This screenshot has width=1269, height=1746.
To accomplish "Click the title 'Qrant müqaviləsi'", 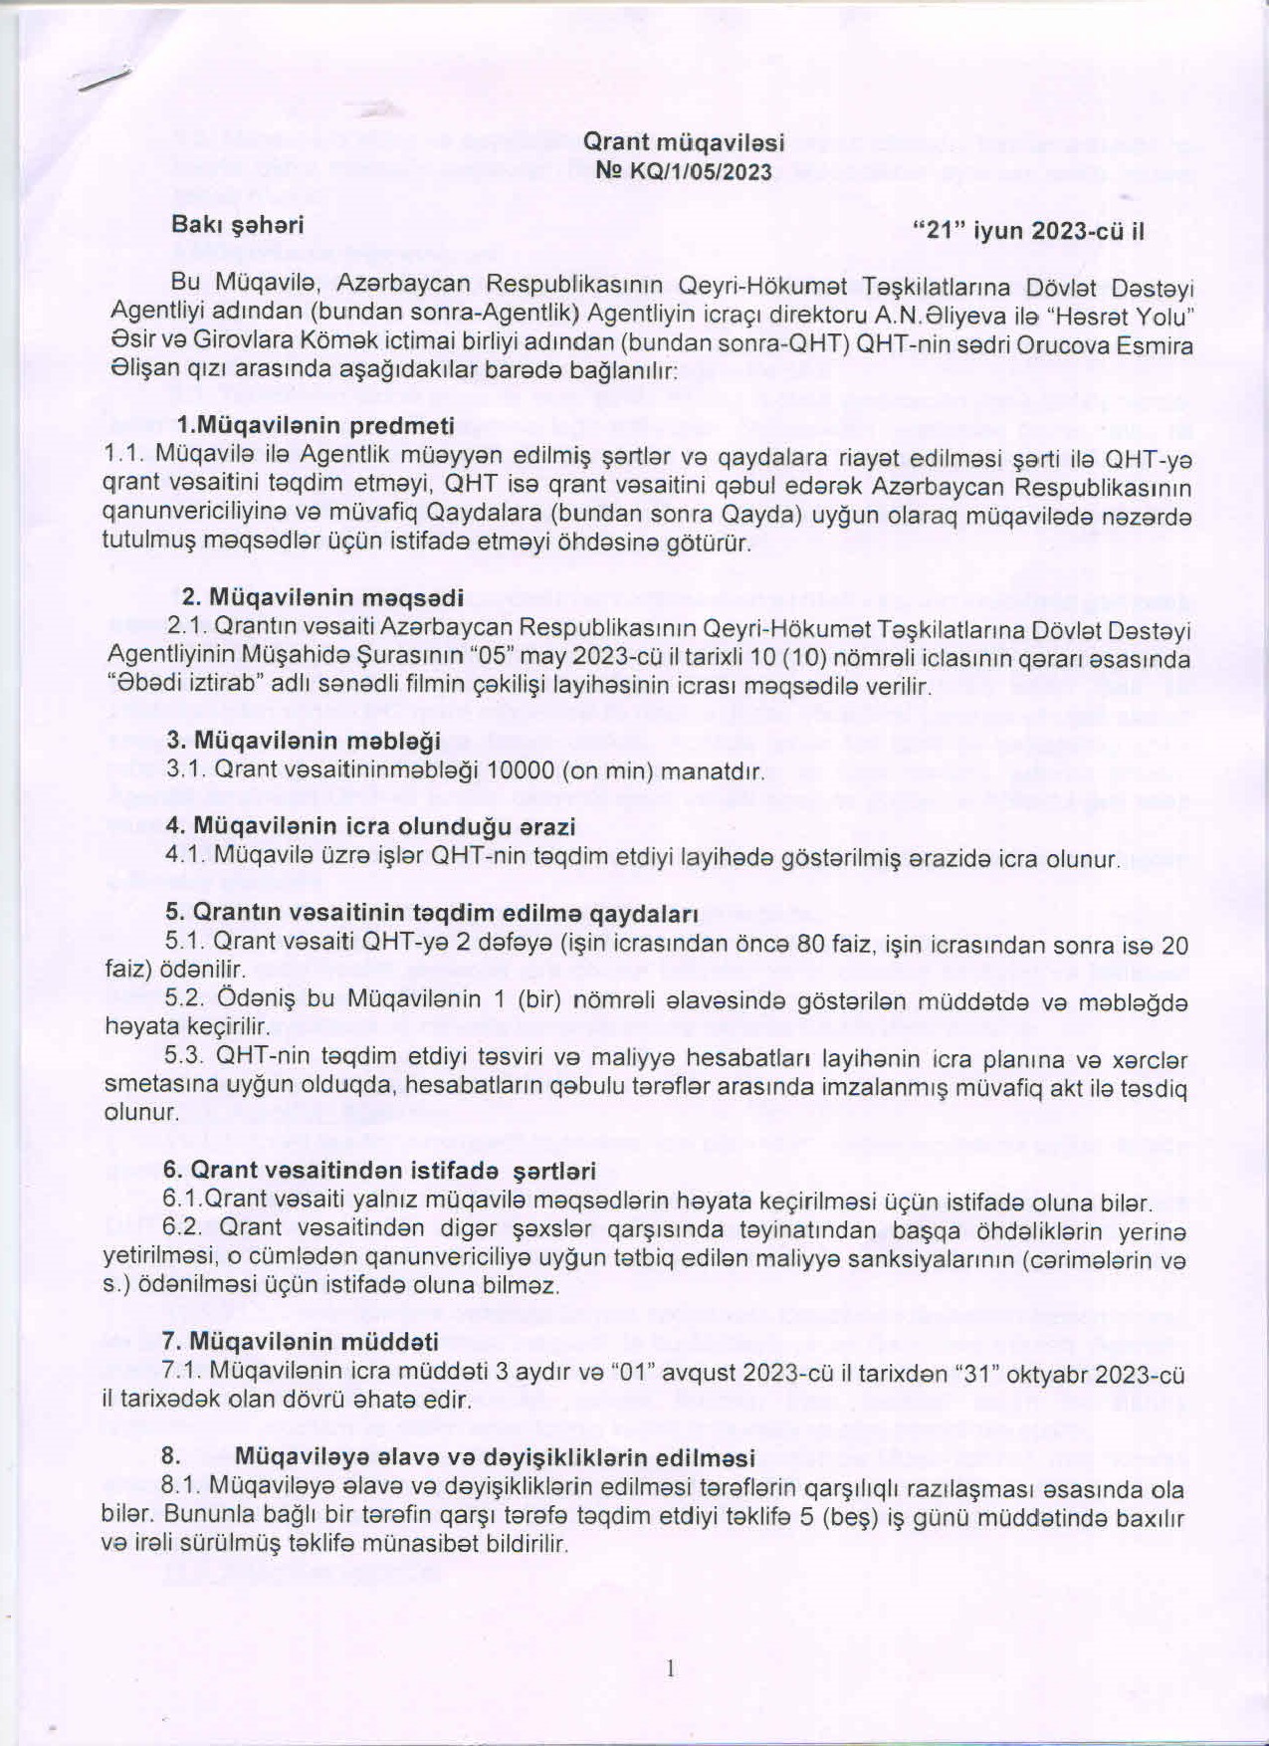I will pyautogui.click(x=683, y=142).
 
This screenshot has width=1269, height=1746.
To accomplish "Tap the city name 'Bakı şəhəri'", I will pyautogui.click(x=238, y=225).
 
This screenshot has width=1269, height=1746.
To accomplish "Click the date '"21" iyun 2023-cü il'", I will pyautogui.click(x=1029, y=232).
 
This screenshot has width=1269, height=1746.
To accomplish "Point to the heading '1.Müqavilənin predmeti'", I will pyautogui.click(x=316, y=426).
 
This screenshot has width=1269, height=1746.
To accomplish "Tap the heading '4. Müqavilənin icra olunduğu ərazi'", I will pyautogui.click(x=370, y=826).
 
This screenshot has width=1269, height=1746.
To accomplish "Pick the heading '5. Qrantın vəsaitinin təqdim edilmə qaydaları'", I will pyautogui.click(x=431, y=913).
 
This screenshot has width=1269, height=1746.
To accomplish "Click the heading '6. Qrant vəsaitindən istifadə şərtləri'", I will pyautogui.click(x=380, y=1171).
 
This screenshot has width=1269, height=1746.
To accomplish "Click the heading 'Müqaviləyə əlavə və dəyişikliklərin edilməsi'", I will pyautogui.click(x=495, y=1458).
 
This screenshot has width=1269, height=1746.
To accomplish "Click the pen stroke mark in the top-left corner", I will pyautogui.click(x=107, y=82).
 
